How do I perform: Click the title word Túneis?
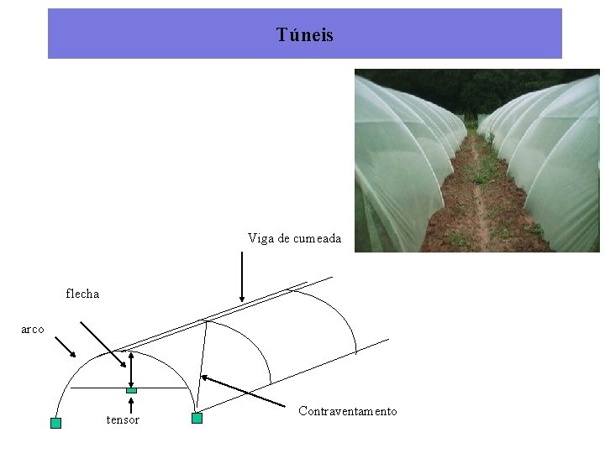pos(304,35)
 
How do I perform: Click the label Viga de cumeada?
pos(294,238)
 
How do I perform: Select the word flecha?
pos(82,294)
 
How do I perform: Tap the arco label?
pos(33,330)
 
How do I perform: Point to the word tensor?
pos(123,419)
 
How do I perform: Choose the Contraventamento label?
pos(347,411)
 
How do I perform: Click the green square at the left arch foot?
pos(55,423)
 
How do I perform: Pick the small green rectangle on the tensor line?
pos(131,390)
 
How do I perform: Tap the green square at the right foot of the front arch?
pos(197,418)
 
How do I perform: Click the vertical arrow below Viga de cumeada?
pos(242,276)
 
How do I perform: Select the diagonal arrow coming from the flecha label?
pos(104,343)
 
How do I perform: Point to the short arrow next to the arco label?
pos(65,346)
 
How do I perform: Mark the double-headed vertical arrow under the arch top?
pos(130,369)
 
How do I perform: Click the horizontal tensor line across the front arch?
pos(101,388)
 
